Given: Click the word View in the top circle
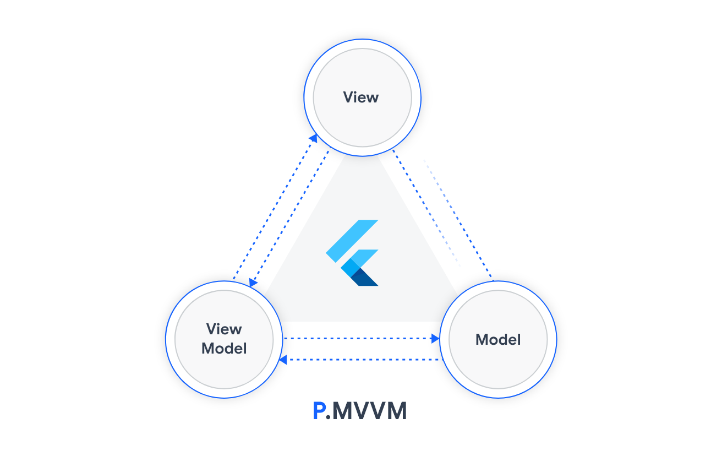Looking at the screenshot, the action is (360, 97).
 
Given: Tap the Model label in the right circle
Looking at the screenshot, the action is (498, 339).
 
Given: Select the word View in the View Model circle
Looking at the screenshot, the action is (224, 329).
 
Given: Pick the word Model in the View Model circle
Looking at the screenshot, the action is (224, 348).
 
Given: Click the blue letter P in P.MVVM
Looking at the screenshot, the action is (319, 411).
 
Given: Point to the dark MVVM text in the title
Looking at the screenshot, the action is (369, 411).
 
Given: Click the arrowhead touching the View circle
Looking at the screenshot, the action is (313, 138).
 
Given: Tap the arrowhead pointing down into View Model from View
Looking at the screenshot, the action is (253, 283).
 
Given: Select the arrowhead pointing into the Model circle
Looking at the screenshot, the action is (435, 339).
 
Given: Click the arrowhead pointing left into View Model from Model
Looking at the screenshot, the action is (283, 360).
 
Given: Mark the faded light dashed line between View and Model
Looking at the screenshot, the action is (442, 213).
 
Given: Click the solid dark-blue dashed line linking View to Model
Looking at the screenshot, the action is (442, 214).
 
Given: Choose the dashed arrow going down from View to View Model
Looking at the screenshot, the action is (289, 218).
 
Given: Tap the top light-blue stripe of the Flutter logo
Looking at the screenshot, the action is (352, 241).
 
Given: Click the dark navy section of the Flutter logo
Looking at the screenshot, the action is (364, 278).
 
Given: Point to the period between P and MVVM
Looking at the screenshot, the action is (328, 417).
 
